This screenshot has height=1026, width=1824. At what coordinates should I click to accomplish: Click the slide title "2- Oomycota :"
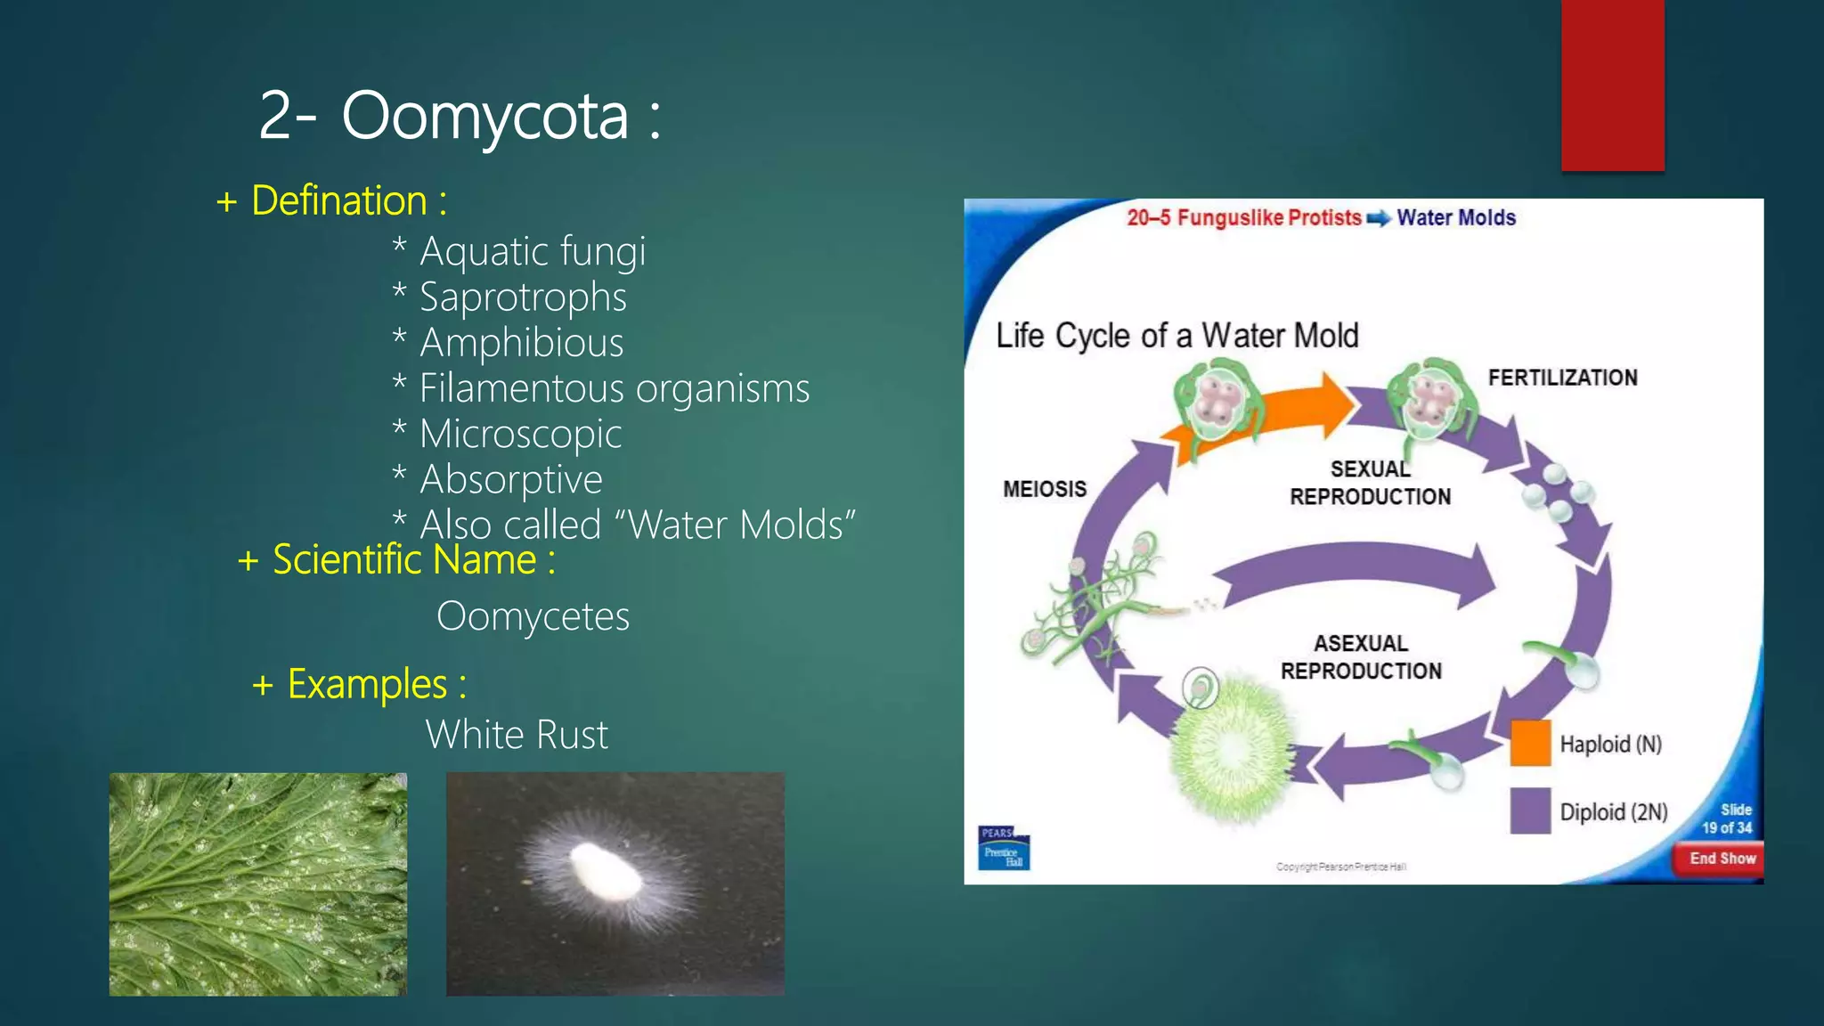[459, 116]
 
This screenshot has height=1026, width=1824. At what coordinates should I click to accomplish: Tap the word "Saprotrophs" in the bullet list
[523, 297]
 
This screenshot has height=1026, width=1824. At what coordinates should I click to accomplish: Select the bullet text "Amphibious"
[521, 343]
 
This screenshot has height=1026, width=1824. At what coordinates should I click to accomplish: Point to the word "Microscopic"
[520, 434]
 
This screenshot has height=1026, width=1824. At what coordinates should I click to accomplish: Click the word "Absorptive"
[510, 479]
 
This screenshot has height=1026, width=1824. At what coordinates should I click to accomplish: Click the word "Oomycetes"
[533, 616]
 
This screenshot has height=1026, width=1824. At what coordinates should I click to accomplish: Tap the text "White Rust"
[517, 735]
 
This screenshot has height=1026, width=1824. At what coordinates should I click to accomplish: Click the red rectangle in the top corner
[1612, 85]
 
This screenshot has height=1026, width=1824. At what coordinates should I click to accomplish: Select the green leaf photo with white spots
[258, 883]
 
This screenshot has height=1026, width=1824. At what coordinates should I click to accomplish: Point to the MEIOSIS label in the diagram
[1045, 489]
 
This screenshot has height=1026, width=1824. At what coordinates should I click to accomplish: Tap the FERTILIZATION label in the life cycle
[1562, 378]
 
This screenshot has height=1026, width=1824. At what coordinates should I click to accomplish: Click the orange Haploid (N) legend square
[1530, 743]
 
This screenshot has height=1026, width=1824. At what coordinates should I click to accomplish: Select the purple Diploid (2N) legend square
[1530, 810]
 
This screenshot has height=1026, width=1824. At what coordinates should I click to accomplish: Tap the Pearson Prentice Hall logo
[1004, 848]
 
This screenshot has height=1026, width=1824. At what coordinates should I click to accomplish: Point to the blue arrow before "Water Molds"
[1378, 219]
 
